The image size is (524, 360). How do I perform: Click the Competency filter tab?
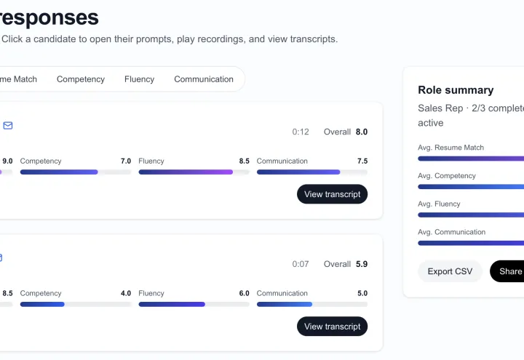tap(81, 79)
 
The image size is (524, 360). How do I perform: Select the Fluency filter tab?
tap(139, 79)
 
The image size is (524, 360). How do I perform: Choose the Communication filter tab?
tap(204, 79)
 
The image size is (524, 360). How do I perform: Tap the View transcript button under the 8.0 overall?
tap(332, 194)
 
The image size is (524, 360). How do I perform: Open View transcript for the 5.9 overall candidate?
tap(332, 327)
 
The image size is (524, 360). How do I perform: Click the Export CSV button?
tap(450, 271)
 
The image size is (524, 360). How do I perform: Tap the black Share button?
tap(507, 271)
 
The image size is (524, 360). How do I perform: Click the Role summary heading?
tap(456, 90)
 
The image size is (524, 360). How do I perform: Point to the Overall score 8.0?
tap(361, 132)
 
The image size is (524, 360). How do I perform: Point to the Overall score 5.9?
tap(361, 264)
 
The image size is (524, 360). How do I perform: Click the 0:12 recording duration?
tap(301, 132)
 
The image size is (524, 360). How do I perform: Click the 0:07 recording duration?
tap(301, 264)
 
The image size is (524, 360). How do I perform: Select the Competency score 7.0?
tap(126, 161)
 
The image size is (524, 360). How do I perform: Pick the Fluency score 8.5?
tap(244, 161)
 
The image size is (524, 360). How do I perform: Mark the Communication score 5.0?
tap(362, 293)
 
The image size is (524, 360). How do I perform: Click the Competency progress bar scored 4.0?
tap(76, 304)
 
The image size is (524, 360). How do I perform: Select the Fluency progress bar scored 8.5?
tap(194, 172)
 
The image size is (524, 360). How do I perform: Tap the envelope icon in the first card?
tap(8, 126)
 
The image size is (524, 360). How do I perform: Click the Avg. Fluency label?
tap(439, 204)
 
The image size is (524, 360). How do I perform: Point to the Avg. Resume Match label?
tap(450, 147)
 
